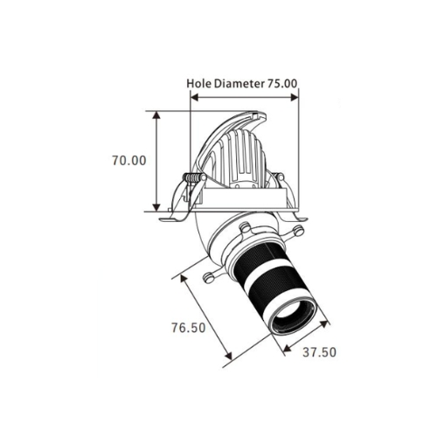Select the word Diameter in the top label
(239, 84)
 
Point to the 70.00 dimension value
(129, 161)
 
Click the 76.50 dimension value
(188, 328)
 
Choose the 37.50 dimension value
(319, 352)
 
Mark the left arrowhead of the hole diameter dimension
(194, 98)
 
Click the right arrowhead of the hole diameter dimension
(295, 98)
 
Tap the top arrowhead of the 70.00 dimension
(156, 115)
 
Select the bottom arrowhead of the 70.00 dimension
(156, 207)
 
